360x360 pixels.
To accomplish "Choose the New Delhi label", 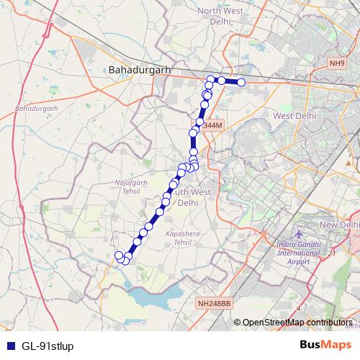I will (338, 225).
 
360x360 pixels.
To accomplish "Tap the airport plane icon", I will (300, 235).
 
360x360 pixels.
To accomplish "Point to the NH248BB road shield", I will (214, 305).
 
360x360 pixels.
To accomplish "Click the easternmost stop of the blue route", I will (241, 83).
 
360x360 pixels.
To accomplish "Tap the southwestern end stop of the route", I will (119, 255).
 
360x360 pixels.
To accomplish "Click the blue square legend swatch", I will (10, 346).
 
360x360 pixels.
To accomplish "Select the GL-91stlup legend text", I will (48, 346).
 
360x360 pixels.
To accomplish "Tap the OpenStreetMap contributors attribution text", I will (297, 323).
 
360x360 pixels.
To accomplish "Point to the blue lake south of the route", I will (155, 297).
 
